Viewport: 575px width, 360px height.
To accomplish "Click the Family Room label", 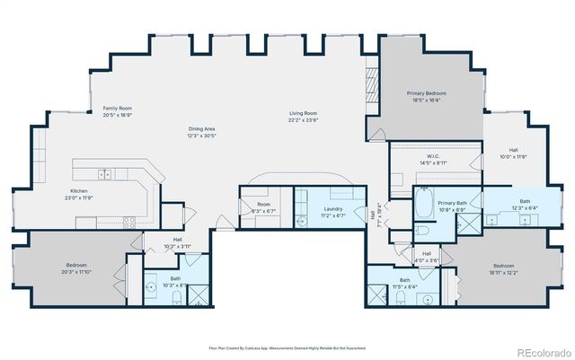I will (117, 110).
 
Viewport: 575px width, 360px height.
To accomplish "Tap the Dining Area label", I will (203, 131).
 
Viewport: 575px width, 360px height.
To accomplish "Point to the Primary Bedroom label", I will (426, 97).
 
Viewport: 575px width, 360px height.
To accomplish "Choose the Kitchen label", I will (81, 194).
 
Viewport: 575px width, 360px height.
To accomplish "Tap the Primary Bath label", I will (452, 206).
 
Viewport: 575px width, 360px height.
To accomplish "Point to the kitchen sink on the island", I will (106, 173).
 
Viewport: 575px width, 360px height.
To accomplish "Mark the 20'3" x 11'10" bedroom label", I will (76, 268).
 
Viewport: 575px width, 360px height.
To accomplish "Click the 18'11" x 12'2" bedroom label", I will (503, 268).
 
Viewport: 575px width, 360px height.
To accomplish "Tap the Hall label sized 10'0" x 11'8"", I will (513, 154).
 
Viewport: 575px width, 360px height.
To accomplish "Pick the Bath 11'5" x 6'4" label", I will (404, 283).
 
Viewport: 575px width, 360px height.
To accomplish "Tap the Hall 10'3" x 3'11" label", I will (178, 242).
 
